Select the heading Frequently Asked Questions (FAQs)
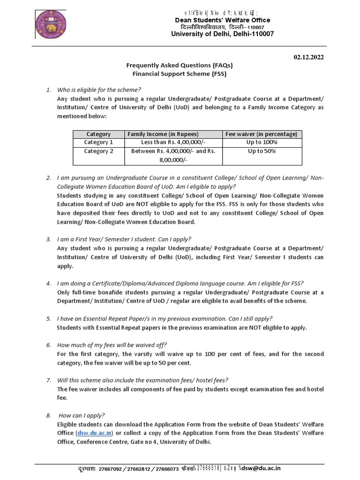(180, 65)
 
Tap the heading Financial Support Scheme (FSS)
(180, 74)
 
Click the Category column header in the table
(98, 134)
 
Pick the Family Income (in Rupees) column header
(163, 134)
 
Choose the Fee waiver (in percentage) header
(262, 134)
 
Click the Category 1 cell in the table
(98, 142)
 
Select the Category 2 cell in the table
(98, 151)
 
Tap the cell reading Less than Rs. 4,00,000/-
(173, 142)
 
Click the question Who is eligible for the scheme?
(99, 90)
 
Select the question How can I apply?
(82, 415)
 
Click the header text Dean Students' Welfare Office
(222, 20)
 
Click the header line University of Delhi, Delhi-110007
(222, 34)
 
